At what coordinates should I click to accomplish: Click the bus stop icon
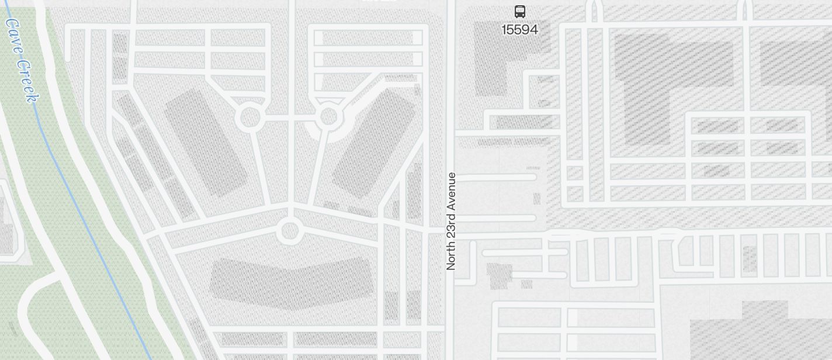(x=519, y=11)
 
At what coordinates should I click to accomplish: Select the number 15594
(x=519, y=29)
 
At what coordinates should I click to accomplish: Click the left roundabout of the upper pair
(x=250, y=117)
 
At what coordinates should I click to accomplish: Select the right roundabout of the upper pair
(x=329, y=117)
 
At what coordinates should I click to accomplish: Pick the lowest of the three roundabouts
(x=289, y=231)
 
